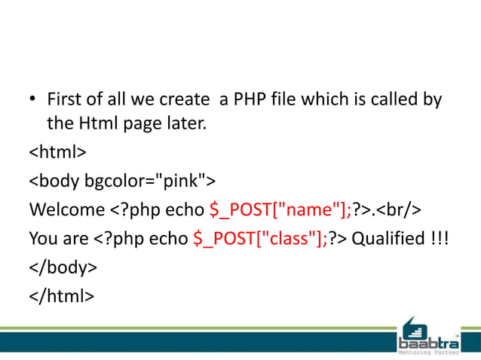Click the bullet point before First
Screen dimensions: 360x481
pyautogui.click(x=33, y=100)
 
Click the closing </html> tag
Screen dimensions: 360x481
pyautogui.click(x=61, y=296)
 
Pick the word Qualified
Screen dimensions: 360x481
pyautogui.click(x=387, y=239)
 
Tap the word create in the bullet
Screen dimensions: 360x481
pyautogui.click(x=182, y=99)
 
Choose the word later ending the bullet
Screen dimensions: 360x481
pyautogui.click(x=185, y=123)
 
